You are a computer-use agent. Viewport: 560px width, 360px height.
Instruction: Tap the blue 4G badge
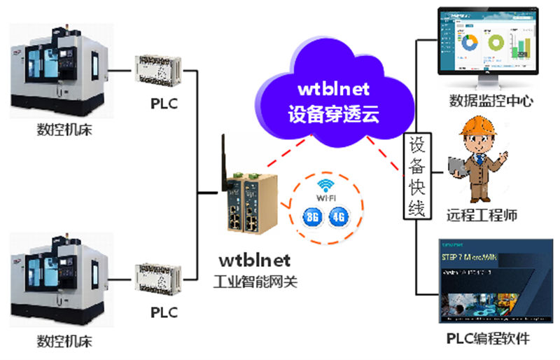point(339,216)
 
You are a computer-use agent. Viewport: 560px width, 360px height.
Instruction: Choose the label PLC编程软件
point(488,339)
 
